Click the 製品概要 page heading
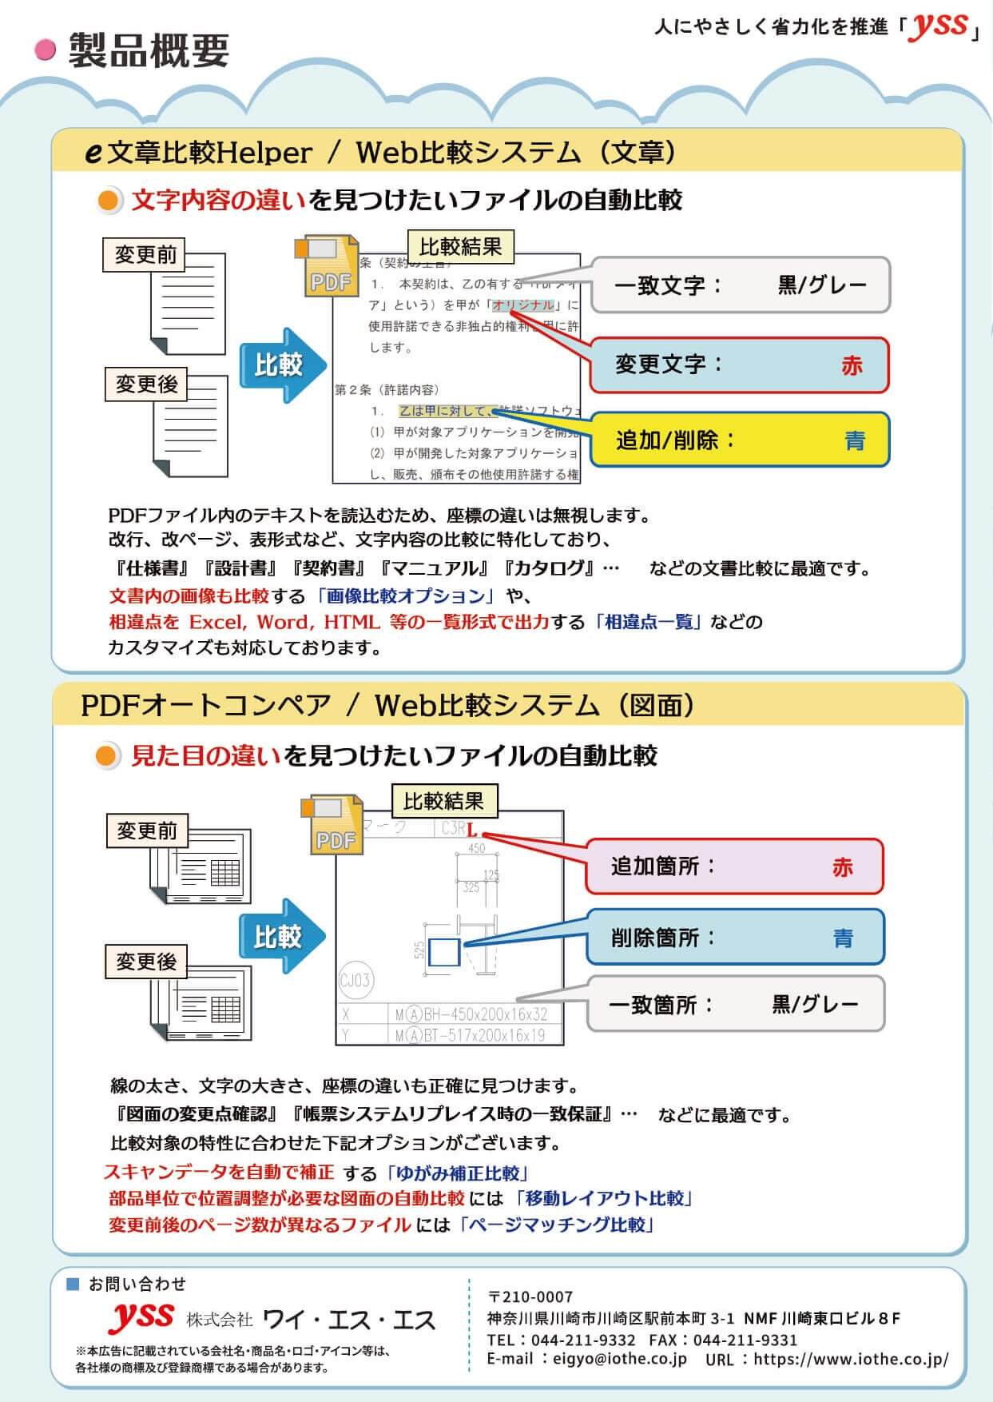click(x=149, y=50)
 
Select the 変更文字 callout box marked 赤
click(x=739, y=365)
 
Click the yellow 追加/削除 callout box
click(x=740, y=440)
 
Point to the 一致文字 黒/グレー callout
click(x=740, y=285)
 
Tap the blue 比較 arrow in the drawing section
click(x=281, y=936)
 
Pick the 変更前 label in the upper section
click(x=145, y=255)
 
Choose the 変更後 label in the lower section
click(x=146, y=962)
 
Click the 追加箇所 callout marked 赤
click(x=734, y=866)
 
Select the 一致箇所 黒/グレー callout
click(x=735, y=1004)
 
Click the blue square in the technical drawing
click(x=443, y=952)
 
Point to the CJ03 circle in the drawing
click(x=355, y=980)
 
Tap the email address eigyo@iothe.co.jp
click(x=618, y=1359)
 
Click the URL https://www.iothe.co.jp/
click(x=850, y=1359)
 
